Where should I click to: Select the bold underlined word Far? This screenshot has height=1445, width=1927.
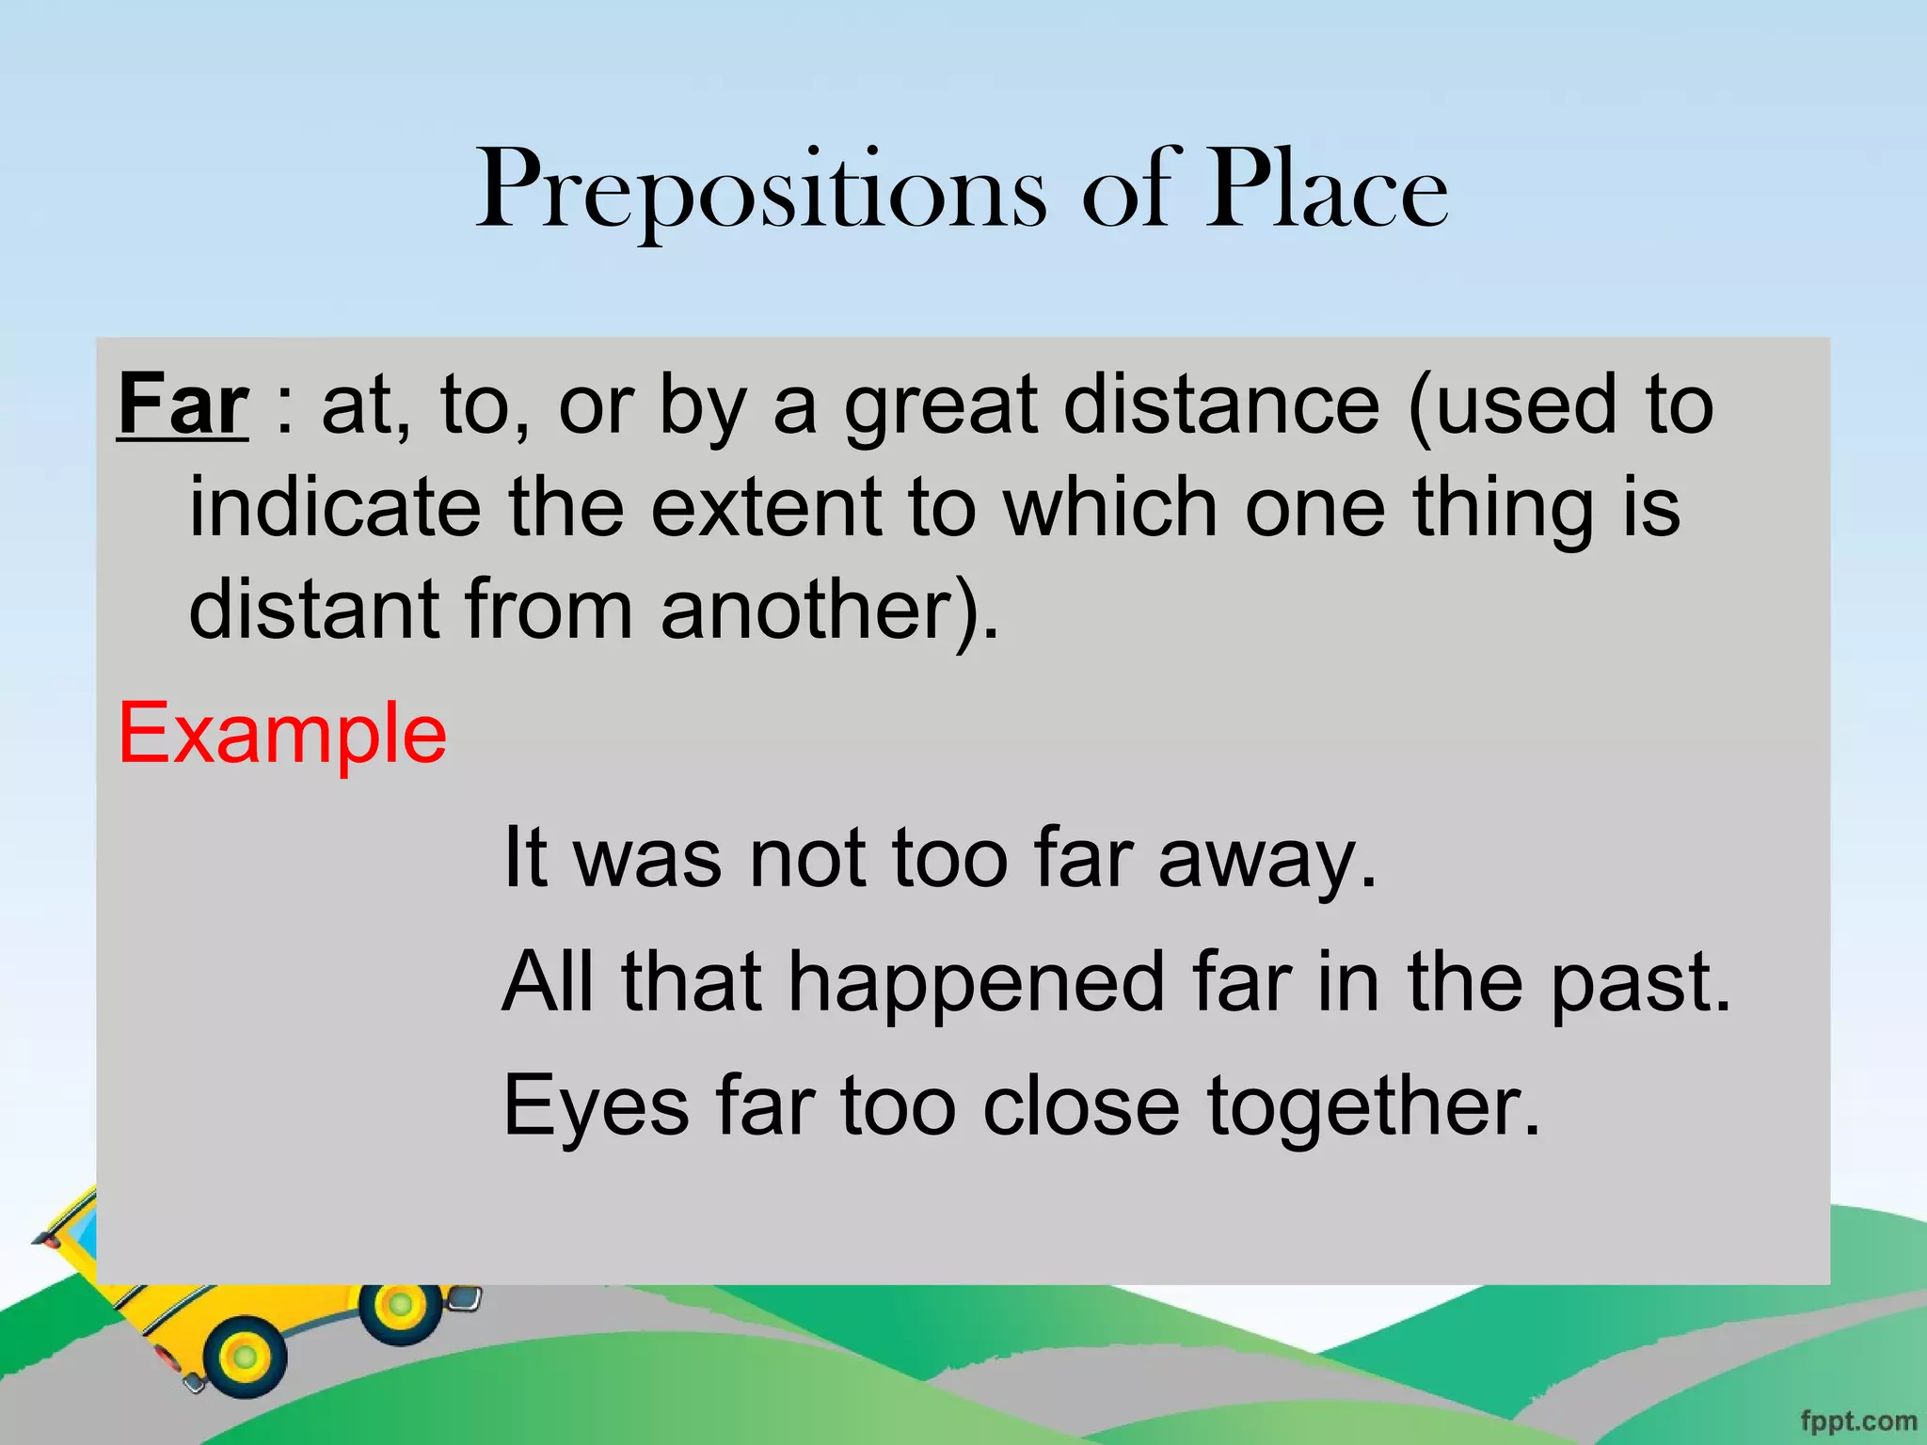coord(183,405)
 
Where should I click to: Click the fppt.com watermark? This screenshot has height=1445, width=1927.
coord(1857,1421)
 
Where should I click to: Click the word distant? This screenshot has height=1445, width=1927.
coord(314,610)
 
